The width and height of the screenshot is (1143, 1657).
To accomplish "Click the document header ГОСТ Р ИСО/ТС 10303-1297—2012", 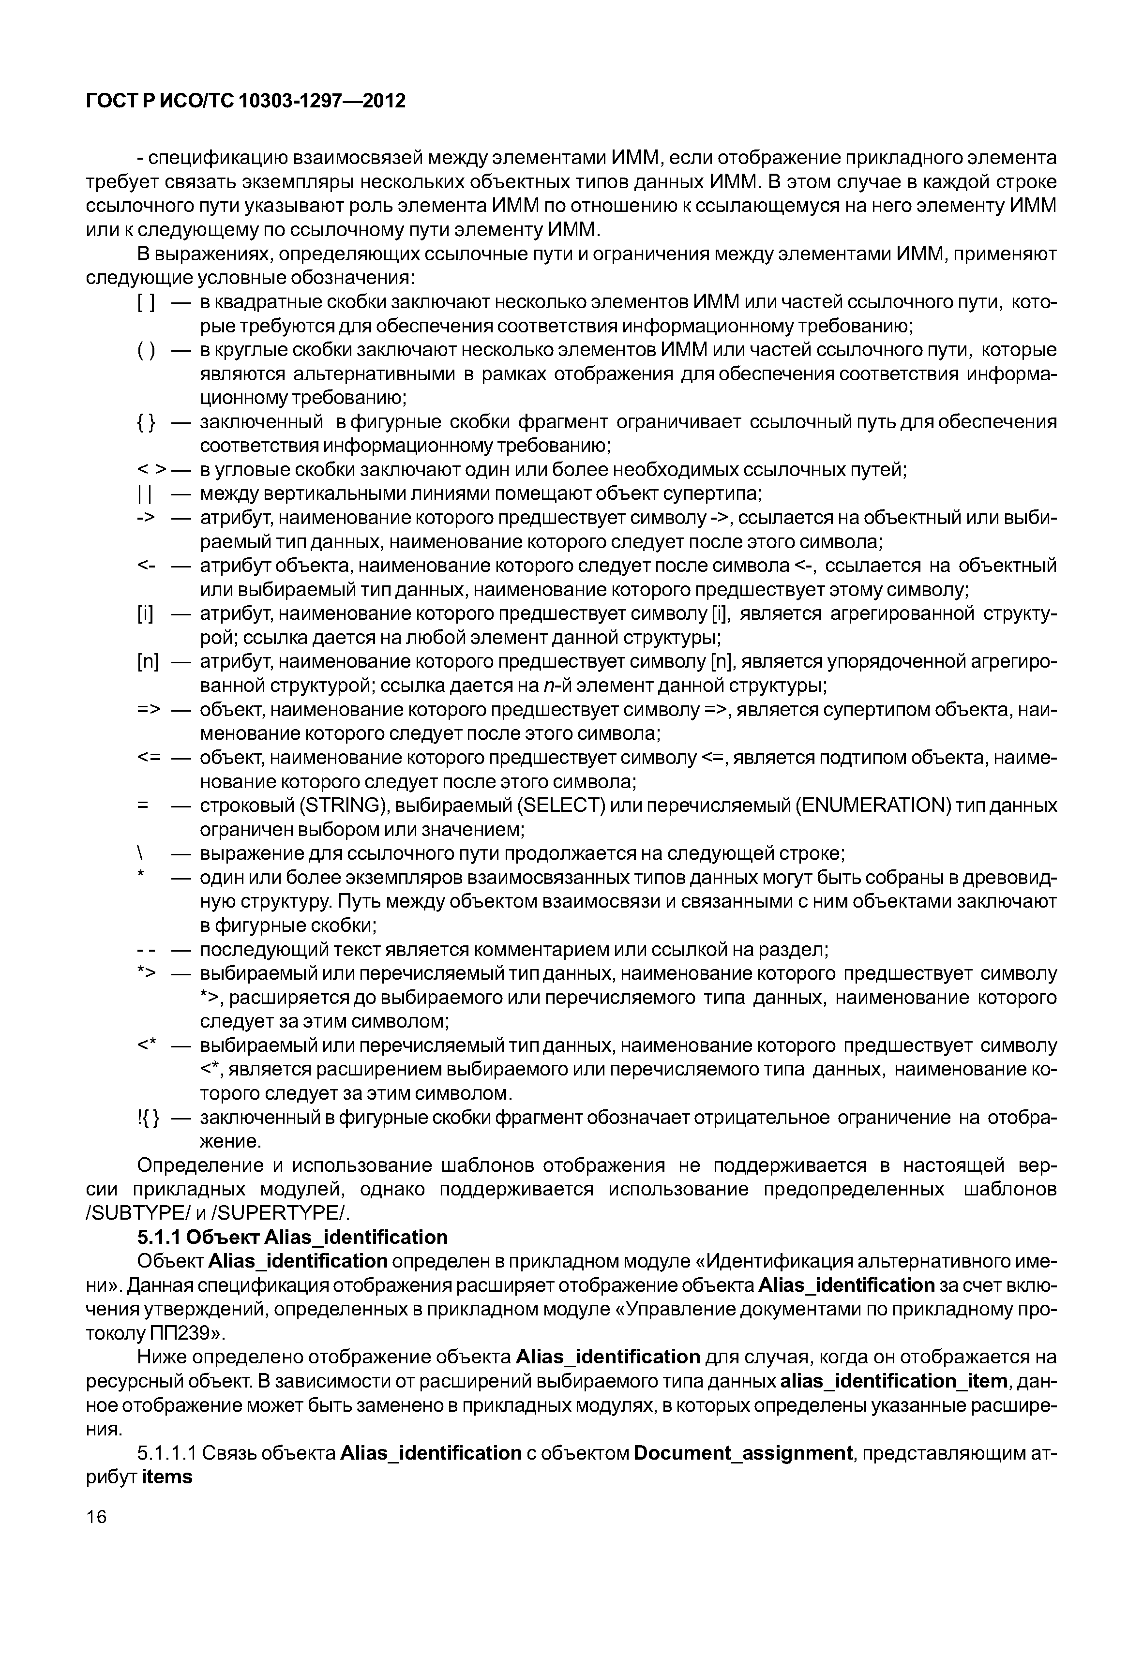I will pos(246,101).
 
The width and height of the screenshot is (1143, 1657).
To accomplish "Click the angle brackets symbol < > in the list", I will pos(151,470).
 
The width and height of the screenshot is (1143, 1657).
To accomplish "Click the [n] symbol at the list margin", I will pos(148,662).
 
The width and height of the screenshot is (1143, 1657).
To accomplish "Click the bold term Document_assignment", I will pos(743,1453).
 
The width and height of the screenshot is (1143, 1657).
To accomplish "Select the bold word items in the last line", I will pos(167,1477).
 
